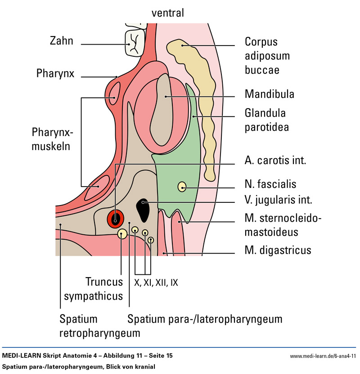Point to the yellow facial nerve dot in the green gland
click(x=182, y=186)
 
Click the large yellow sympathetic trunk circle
click(x=122, y=234)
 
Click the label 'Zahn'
click(x=61, y=42)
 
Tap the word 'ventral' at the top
click(x=167, y=13)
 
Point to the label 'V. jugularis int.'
click(x=278, y=200)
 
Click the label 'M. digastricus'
click(x=278, y=250)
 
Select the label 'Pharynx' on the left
click(x=55, y=73)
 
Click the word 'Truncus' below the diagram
click(x=104, y=283)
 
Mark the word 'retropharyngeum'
click(x=99, y=333)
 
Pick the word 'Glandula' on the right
click(x=265, y=113)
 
